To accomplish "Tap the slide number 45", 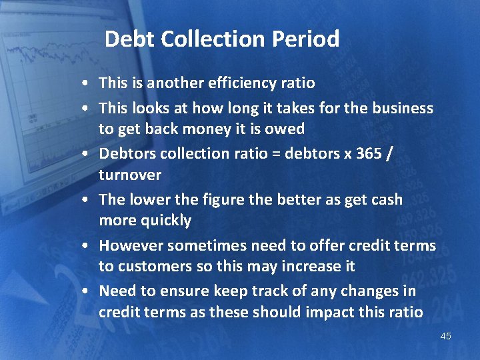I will [445, 336].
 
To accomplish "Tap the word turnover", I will [130, 175].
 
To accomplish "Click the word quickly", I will [165, 221].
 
